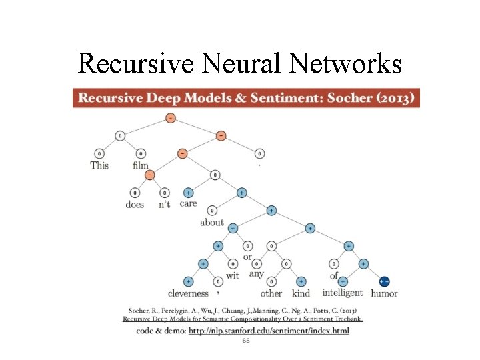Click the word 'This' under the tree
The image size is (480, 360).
pyautogui.click(x=99, y=165)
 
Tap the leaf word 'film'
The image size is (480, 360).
pyautogui.click(x=141, y=165)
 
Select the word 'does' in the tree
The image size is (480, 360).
pyautogui.click(x=135, y=205)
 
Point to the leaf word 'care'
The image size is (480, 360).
pyautogui.click(x=188, y=203)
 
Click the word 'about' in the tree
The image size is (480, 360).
pyautogui.click(x=212, y=222)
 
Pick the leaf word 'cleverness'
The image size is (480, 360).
pyautogui.click(x=188, y=293)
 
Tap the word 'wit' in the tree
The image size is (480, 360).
pyautogui.click(x=233, y=275)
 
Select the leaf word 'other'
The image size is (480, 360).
pyautogui.click(x=271, y=293)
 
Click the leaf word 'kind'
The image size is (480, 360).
pyautogui.click(x=301, y=293)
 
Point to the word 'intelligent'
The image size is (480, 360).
pyautogui.click(x=343, y=293)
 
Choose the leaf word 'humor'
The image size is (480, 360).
pyautogui.click(x=384, y=293)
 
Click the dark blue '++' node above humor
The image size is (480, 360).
pyautogui.click(x=385, y=282)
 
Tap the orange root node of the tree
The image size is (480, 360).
pyautogui.click(x=170, y=118)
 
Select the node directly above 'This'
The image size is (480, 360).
pyautogui.click(x=99, y=154)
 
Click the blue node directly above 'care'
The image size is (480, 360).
pyautogui.click(x=189, y=193)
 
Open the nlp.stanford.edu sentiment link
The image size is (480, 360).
pyautogui.click(x=269, y=331)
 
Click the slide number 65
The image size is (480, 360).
pyautogui.click(x=246, y=341)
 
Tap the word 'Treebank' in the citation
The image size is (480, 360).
pyautogui.click(x=344, y=319)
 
